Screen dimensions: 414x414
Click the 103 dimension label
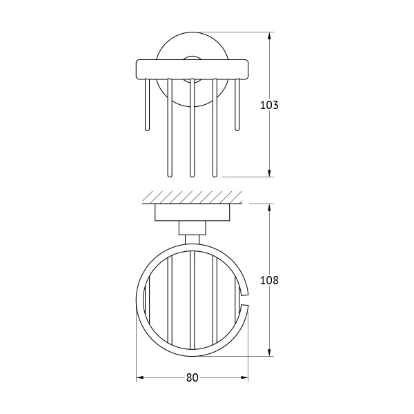tap(269, 105)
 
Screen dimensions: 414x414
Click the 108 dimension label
tap(269, 280)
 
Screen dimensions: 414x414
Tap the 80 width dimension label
tap(192, 378)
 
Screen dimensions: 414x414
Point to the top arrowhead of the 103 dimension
tap(269, 36)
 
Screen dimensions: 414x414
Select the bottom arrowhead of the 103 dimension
tap(269, 173)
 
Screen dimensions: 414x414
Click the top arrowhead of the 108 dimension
tap(269, 208)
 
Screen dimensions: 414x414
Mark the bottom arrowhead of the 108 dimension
tap(269, 352)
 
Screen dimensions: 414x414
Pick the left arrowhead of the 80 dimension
tap(139, 378)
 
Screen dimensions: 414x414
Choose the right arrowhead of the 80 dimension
tap(244, 378)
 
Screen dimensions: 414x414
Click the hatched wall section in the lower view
tap(193, 197)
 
